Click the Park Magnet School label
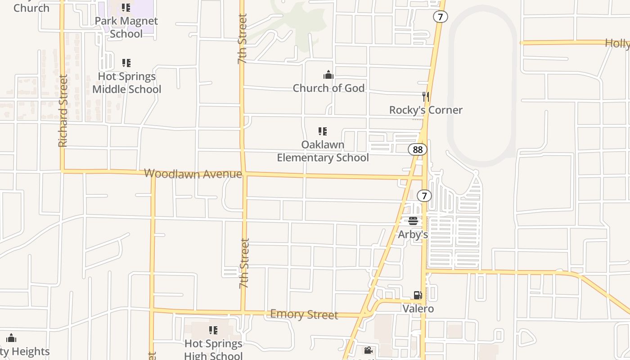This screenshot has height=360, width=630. pos(126,27)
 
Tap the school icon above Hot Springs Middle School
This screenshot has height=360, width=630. pos(126,63)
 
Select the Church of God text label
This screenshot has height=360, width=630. pos(328,88)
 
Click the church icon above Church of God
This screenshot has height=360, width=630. pos(328,75)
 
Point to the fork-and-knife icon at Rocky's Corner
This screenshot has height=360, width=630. pos(425,96)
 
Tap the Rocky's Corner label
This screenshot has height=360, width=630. pos(426,110)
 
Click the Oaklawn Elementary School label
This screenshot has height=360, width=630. pos(323,151)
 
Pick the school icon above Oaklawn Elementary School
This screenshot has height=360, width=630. pos(322,131)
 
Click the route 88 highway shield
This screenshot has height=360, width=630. pos(418,149)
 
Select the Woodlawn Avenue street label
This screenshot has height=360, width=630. pos(193,174)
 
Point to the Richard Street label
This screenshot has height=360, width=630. pos(63,111)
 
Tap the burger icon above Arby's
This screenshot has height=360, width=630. pos(413,221)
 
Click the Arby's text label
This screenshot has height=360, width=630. pos(413,234)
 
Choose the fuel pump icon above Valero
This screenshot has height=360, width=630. pos(418,295)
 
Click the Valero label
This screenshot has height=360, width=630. pos(418,309)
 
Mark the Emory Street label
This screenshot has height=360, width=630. pos(304,314)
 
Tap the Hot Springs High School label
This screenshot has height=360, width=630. pos(213,350)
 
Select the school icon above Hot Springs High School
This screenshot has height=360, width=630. pos(213,330)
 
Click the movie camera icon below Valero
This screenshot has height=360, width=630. pos(368,350)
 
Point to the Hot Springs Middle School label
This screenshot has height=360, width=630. pos(126,83)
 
